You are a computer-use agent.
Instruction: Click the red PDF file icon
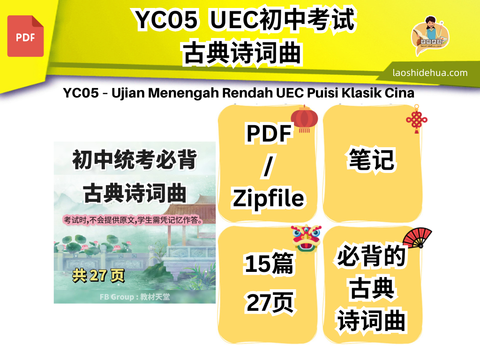[25, 36]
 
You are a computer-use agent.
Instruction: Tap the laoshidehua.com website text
[430, 73]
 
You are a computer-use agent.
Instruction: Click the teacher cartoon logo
[430, 35]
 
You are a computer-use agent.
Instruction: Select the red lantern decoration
[304, 119]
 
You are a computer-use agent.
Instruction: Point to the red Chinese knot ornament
[417, 119]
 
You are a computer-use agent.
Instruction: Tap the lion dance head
[306, 238]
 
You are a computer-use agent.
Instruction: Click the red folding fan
[417, 237]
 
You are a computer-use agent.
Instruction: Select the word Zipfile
[268, 198]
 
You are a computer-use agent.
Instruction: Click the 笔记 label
[372, 159]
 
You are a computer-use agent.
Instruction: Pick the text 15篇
[269, 263]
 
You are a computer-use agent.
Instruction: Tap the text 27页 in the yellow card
[270, 302]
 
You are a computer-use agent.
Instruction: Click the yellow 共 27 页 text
[98, 275]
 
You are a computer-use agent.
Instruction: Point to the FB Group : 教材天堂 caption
[135, 297]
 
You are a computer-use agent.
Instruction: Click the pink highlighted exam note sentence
[133, 220]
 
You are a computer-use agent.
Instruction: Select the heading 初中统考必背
[135, 159]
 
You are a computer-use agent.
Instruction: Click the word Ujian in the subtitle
[128, 93]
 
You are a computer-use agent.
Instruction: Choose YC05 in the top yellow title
[166, 20]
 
